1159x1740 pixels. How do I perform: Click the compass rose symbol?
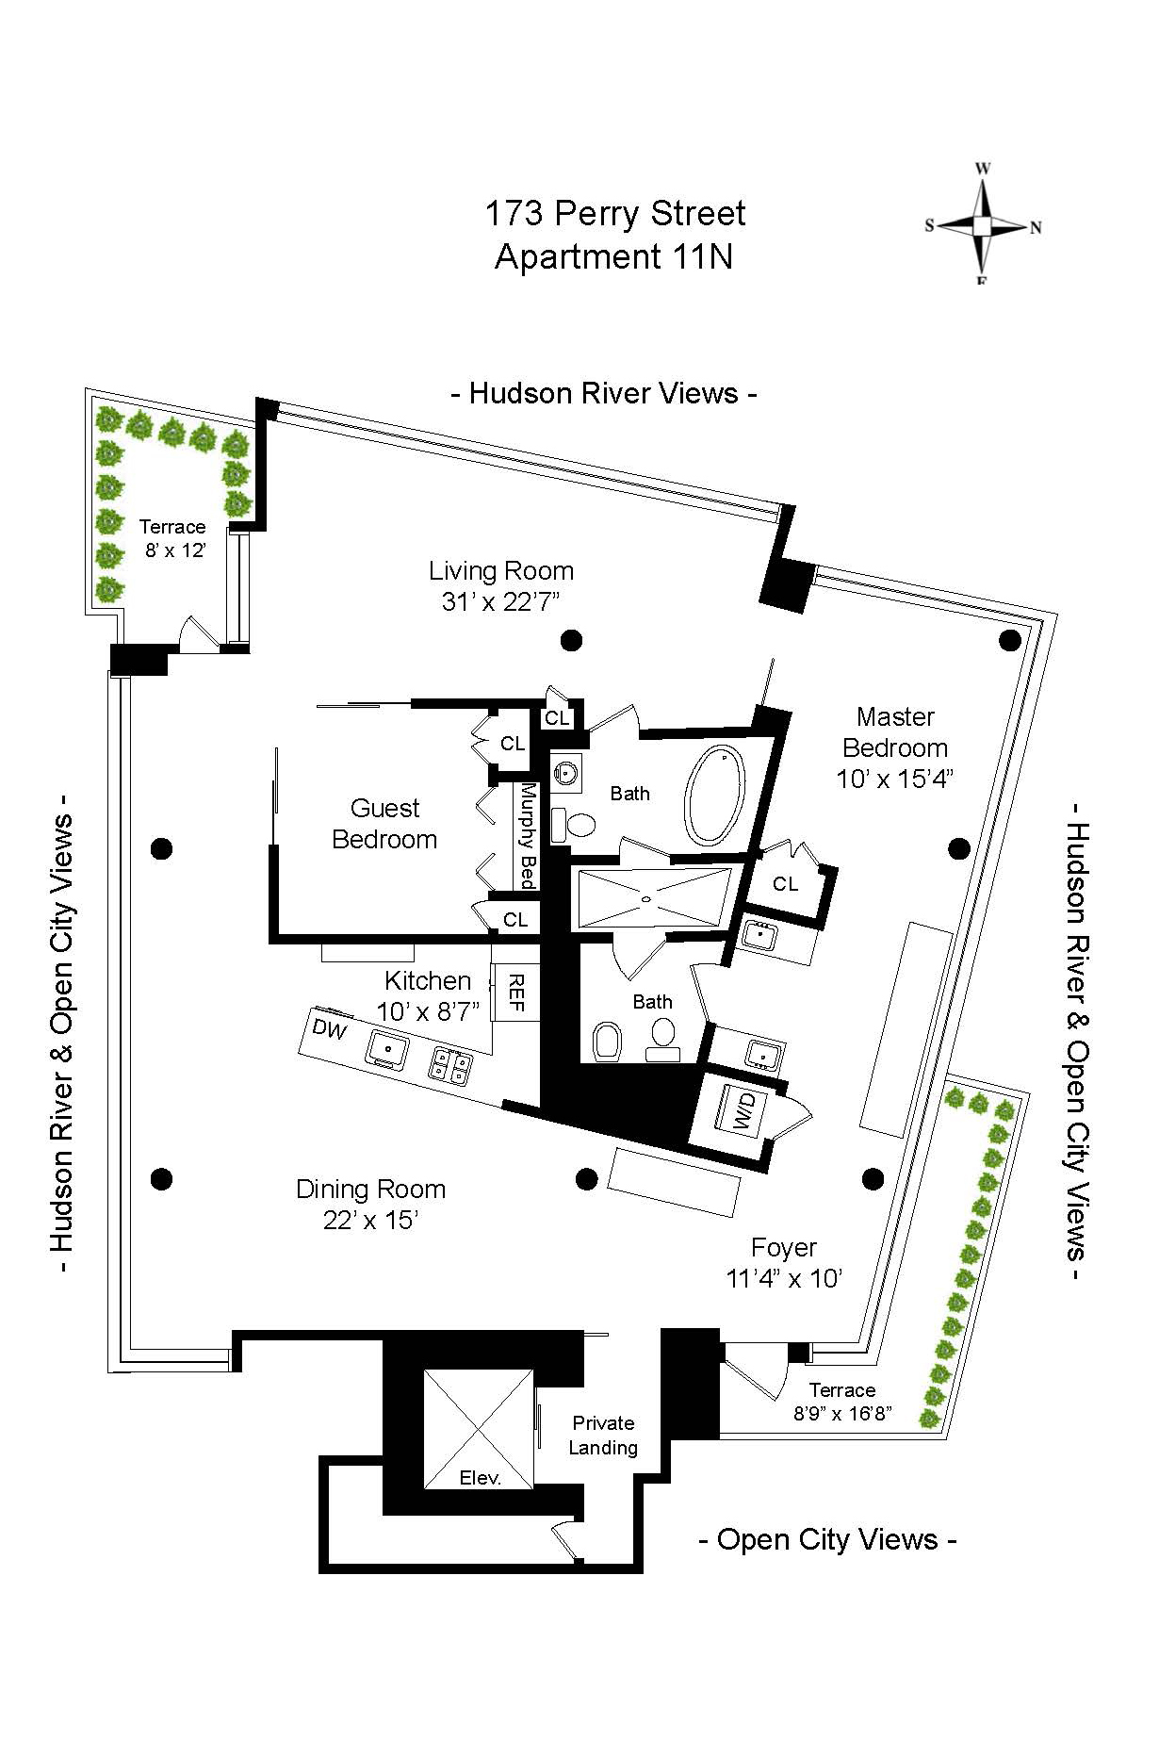(x=982, y=226)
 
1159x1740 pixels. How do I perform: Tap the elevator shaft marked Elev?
(x=479, y=1429)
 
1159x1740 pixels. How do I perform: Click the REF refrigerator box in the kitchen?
(x=515, y=992)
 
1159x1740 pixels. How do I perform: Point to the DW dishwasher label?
(x=330, y=1030)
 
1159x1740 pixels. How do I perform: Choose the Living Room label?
(x=500, y=571)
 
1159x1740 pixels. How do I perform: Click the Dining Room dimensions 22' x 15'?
(x=370, y=1221)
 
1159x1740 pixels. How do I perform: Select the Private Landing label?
(x=603, y=1435)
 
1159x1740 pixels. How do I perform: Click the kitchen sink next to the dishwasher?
(x=387, y=1048)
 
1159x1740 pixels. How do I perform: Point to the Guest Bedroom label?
(x=384, y=824)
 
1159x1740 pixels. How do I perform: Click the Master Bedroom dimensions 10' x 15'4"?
(x=895, y=780)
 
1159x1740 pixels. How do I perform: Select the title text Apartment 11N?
(x=613, y=256)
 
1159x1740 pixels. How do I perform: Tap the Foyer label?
(x=783, y=1247)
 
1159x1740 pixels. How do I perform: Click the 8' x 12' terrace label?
(x=174, y=550)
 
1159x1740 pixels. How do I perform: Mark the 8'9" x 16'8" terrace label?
(x=842, y=1414)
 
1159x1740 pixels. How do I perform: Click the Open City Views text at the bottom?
(x=827, y=1539)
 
